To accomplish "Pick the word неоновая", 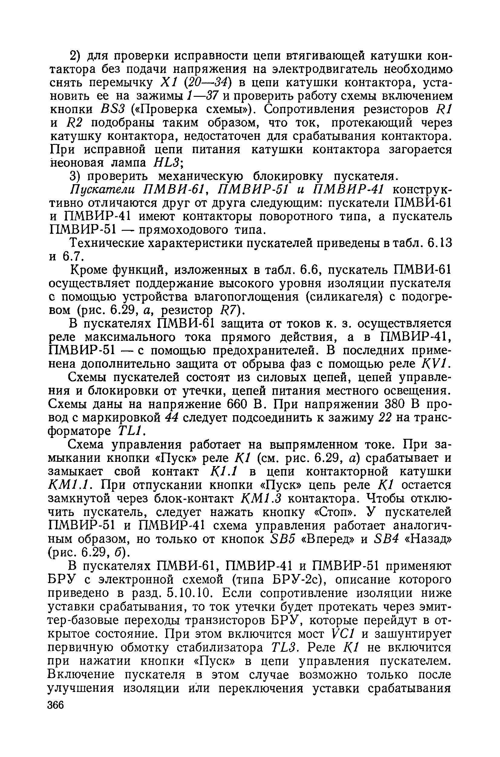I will tap(77, 163).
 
